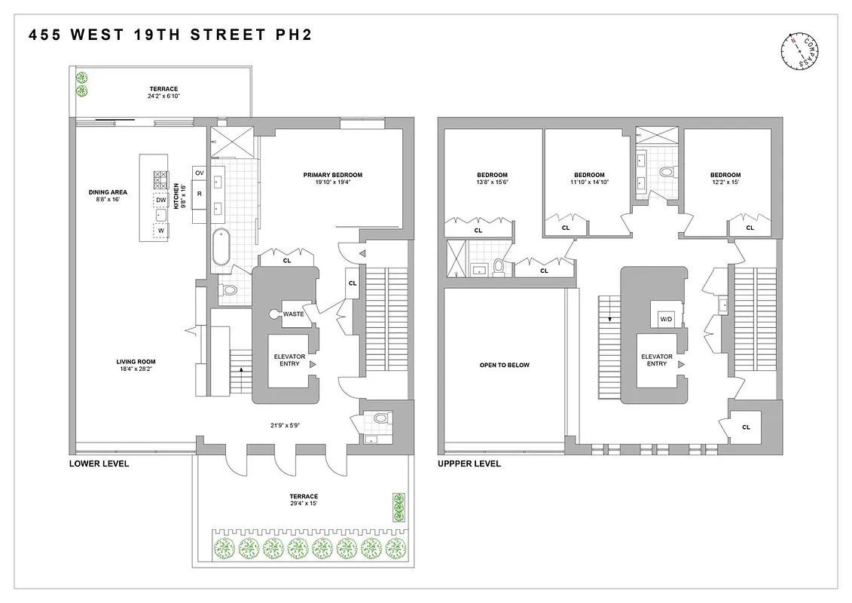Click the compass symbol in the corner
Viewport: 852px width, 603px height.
coord(799,52)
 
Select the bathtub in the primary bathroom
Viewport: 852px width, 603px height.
coord(221,246)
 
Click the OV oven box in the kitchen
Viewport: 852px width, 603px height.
coord(200,173)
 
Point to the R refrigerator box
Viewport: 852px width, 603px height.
coord(200,194)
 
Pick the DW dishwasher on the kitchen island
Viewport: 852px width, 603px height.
coord(161,200)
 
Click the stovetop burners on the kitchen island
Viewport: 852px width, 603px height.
coord(161,179)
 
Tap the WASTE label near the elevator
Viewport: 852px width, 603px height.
coord(294,314)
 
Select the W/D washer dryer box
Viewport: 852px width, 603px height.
coord(666,319)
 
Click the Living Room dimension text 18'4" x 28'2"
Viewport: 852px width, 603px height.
coord(136,370)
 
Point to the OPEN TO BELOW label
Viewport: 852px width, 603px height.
coord(504,365)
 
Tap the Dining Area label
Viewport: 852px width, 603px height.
coord(108,196)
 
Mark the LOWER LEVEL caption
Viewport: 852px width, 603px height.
coord(99,464)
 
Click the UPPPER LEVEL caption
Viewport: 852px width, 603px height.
coord(469,464)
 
